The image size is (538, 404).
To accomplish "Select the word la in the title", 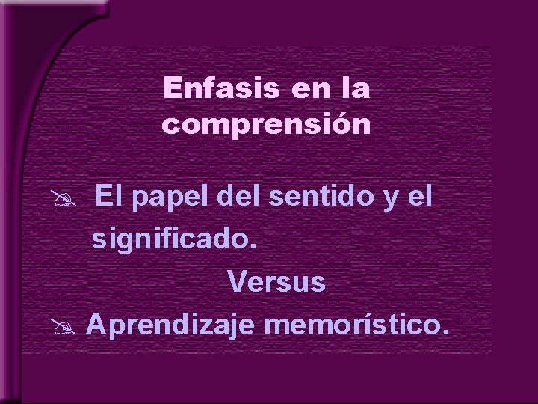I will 354,89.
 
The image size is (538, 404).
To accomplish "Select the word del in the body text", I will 237,198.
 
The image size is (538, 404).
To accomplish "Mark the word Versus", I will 277,283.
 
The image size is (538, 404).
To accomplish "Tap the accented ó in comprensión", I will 339,123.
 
